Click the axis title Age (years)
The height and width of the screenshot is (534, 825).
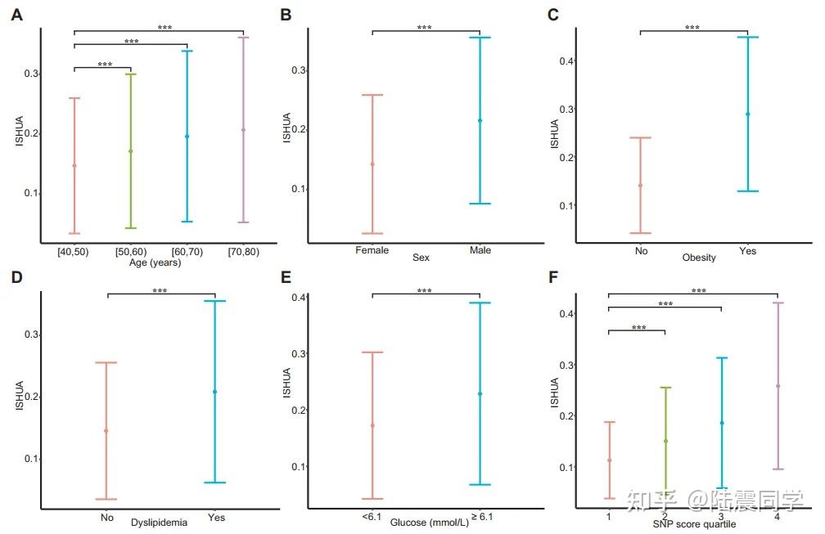pyautogui.click(x=155, y=263)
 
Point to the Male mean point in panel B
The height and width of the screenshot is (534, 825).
pyautogui.click(x=480, y=120)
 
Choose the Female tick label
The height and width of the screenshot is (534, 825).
pyautogui.click(x=372, y=250)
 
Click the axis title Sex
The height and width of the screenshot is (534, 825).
pyautogui.click(x=421, y=258)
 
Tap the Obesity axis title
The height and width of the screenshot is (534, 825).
pyautogui.click(x=698, y=258)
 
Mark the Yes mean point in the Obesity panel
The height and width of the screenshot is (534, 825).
pyautogui.click(x=747, y=114)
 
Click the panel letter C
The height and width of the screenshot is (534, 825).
pyautogui.click(x=553, y=14)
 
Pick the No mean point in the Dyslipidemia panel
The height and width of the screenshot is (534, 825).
pyautogui.click(x=106, y=431)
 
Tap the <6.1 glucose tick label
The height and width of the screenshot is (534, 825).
pyautogui.click(x=368, y=517)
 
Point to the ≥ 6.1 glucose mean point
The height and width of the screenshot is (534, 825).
pyautogui.click(x=480, y=393)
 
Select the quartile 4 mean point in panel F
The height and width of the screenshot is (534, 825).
pyautogui.click(x=778, y=386)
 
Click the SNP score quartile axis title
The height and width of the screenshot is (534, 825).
pyautogui.click(x=694, y=524)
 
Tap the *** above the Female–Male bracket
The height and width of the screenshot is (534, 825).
pyautogui.click(x=424, y=28)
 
